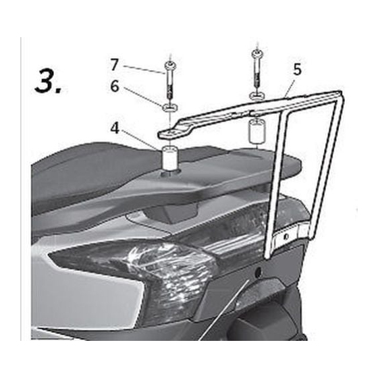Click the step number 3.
click(x=49, y=80)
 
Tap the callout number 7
click(x=115, y=64)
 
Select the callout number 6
click(x=115, y=86)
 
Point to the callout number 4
click(x=115, y=128)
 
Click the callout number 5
click(x=297, y=70)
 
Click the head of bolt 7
click(x=169, y=65)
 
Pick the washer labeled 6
click(x=170, y=108)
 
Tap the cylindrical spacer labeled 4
click(x=169, y=159)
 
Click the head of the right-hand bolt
click(x=257, y=54)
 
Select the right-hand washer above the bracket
click(x=257, y=96)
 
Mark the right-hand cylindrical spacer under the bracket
click(x=257, y=131)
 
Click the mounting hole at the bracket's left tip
click(x=170, y=132)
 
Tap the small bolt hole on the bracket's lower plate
click(x=286, y=236)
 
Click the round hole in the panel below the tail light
click(x=257, y=271)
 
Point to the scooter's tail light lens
click(x=135, y=273)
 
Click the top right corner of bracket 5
click(x=341, y=91)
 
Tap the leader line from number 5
click(x=290, y=88)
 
